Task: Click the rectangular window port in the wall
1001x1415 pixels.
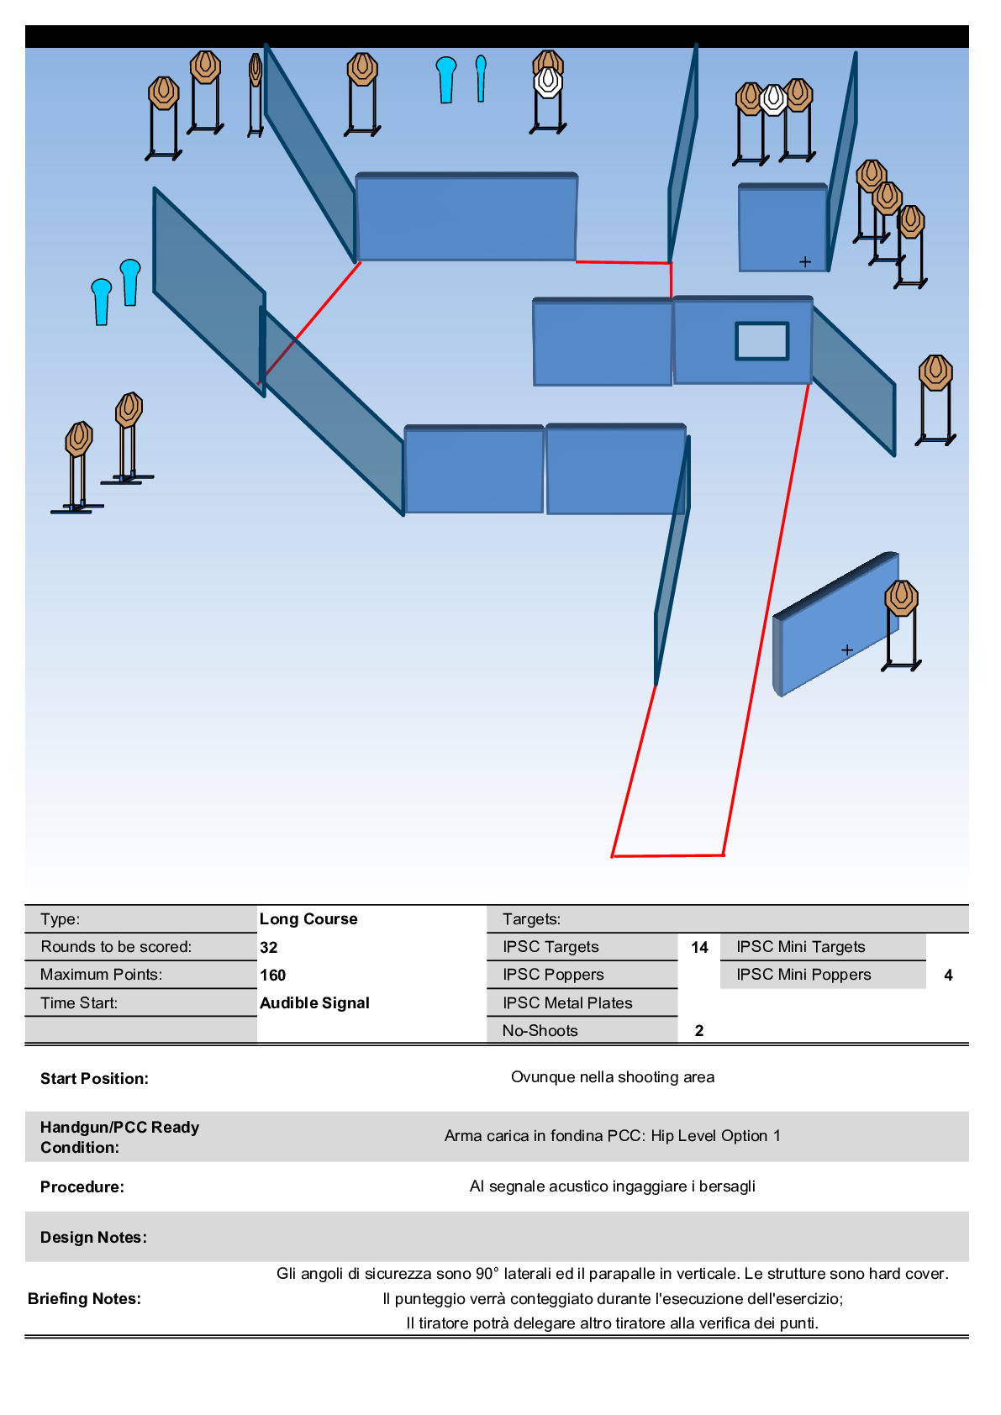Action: [761, 341]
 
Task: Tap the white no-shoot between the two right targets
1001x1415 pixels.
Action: [773, 99]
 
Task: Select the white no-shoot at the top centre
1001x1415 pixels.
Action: [548, 82]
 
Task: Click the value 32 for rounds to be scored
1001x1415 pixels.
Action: [269, 948]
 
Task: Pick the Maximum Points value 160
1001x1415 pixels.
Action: [272, 976]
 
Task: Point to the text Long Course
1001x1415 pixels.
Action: [308, 919]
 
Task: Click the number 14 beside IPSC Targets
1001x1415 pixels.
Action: [699, 948]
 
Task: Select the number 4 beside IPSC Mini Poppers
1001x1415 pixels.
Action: [948, 976]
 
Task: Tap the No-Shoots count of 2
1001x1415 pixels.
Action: [699, 1031]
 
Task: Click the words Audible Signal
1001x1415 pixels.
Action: [314, 1003]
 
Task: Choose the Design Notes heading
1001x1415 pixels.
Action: [93, 1237]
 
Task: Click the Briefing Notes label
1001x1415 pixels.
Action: [84, 1298]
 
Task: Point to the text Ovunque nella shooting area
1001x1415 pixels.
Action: [613, 1077]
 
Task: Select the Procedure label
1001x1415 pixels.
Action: [82, 1187]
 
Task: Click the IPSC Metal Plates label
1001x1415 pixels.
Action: [567, 1003]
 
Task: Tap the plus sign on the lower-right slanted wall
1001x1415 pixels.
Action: [847, 650]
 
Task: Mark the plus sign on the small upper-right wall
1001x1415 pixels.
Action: [805, 261]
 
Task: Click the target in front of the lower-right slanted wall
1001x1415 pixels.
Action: [901, 625]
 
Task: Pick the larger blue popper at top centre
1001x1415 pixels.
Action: [446, 80]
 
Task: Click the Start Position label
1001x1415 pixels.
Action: [94, 1078]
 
